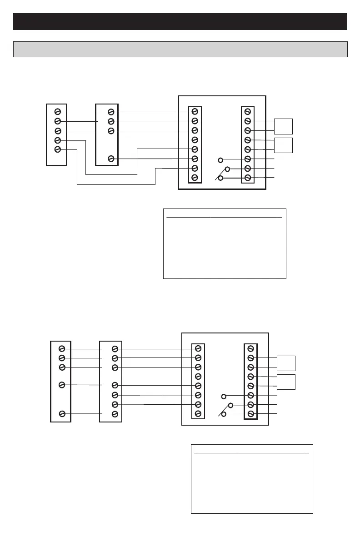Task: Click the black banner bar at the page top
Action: pos(180,21)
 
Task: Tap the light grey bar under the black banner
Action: pos(180,49)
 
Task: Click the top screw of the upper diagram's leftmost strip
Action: pos(58,112)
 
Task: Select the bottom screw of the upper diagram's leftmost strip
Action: pos(57,149)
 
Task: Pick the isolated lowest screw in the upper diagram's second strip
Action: pos(111,159)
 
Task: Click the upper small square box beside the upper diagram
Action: pos(283,126)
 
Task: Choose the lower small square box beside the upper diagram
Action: pos(283,144)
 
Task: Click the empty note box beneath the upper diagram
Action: pos(225,248)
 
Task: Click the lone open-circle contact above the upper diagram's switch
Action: pos(220,160)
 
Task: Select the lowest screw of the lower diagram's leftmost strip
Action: pos(62,413)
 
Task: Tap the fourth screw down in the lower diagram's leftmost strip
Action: pos(62,385)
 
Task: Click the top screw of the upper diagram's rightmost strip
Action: pos(248,111)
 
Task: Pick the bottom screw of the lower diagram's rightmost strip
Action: pos(250,414)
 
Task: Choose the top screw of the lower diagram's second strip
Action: pos(115,348)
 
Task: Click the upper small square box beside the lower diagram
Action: pos(286,363)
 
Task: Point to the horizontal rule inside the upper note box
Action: pos(225,218)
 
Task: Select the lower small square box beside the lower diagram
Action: pos(286,382)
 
